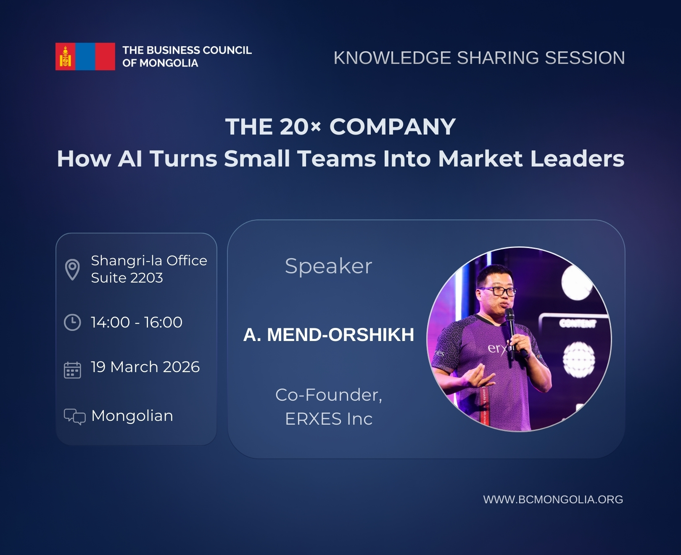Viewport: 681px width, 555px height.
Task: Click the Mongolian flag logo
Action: [85, 56]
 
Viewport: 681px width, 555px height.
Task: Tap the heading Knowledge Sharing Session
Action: [479, 58]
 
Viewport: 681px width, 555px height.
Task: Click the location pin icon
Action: [72, 269]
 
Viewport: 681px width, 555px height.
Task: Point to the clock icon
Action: [72, 322]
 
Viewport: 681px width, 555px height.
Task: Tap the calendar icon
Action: [72, 370]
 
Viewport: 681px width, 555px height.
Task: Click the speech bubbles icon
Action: [74, 417]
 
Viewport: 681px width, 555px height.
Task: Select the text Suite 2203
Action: [127, 277]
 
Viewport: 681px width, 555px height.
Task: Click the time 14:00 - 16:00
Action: [137, 322]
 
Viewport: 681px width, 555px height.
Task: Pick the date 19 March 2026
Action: [145, 367]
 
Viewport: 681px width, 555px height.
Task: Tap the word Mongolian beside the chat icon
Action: [132, 415]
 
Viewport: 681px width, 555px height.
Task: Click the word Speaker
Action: [328, 266]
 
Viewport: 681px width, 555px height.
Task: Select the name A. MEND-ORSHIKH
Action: [328, 335]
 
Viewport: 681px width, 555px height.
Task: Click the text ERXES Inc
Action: [329, 419]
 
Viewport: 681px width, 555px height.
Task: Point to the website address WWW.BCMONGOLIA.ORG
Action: [553, 499]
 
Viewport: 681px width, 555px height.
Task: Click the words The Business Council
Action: [187, 50]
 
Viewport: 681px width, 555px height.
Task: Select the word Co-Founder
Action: [327, 395]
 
